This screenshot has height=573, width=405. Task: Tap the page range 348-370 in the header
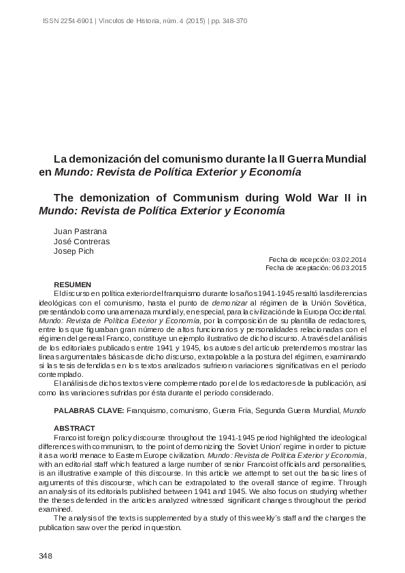(x=232, y=21)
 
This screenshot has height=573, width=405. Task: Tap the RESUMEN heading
(x=71, y=284)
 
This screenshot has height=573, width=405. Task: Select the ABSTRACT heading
(x=71, y=427)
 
